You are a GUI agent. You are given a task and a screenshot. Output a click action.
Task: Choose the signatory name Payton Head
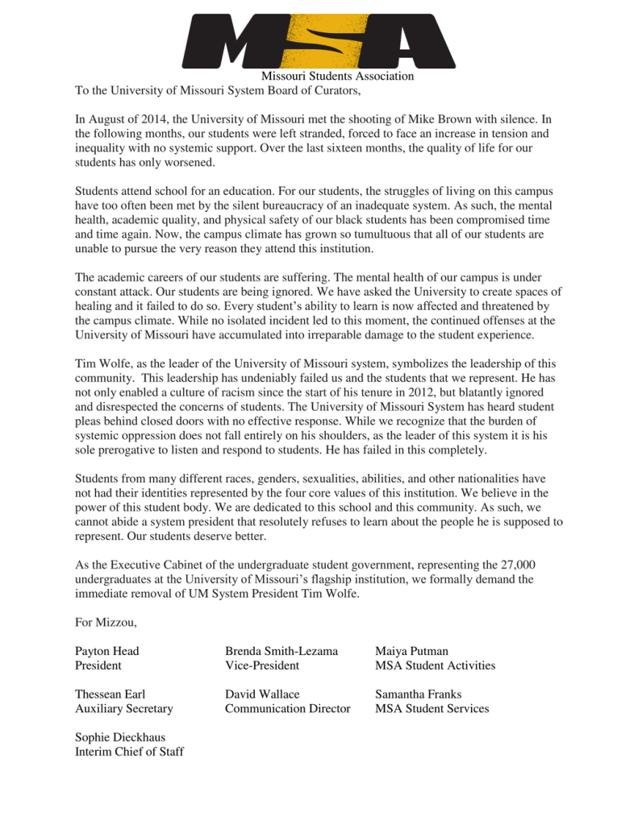tap(107, 650)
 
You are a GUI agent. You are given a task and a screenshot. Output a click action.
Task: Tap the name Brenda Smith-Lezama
tap(281, 650)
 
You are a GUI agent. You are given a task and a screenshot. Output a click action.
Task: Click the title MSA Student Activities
tap(435, 665)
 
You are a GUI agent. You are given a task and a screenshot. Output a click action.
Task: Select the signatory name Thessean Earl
tap(111, 694)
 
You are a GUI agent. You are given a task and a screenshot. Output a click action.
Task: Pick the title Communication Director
tap(287, 709)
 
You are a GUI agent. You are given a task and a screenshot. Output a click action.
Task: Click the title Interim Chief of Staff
tap(129, 752)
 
